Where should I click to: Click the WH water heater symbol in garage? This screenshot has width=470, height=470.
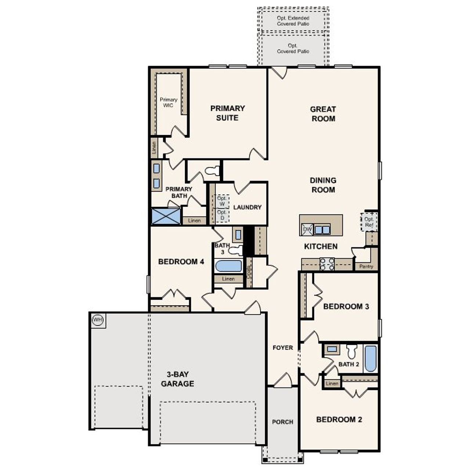click(x=98, y=320)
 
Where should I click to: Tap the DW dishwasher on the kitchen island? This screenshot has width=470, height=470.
click(x=307, y=229)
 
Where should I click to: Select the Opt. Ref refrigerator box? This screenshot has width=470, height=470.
click(x=369, y=222)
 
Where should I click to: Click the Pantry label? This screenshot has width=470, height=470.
click(x=366, y=267)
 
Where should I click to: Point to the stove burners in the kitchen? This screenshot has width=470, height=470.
click(x=327, y=264)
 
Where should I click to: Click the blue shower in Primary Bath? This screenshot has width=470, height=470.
click(x=166, y=216)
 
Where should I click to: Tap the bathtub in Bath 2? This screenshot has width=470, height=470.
click(x=370, y=358)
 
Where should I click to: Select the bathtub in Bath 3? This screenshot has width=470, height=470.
click(x=228, y=265)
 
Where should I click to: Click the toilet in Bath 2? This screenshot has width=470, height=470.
click(x=352, y=352)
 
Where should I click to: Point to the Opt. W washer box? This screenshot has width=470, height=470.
click(x=222, y=201)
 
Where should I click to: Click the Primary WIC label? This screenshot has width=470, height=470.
click(x=169, y=102)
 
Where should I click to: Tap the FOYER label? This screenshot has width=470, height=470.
click(x=283, y=348)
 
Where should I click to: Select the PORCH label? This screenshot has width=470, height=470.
click(x=283, y=422)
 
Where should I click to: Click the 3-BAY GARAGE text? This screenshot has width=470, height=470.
click(x=178, y=379)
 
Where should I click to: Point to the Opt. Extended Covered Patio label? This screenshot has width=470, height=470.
click(x=293, y=21)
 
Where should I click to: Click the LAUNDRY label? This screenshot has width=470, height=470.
click(x=247, y=207)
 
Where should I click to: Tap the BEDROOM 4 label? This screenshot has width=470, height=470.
click(x=181, y=262)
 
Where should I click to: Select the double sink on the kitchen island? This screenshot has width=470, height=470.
click(x=322, y=230)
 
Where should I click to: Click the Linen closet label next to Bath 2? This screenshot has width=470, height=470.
click(x=332, y=384)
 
